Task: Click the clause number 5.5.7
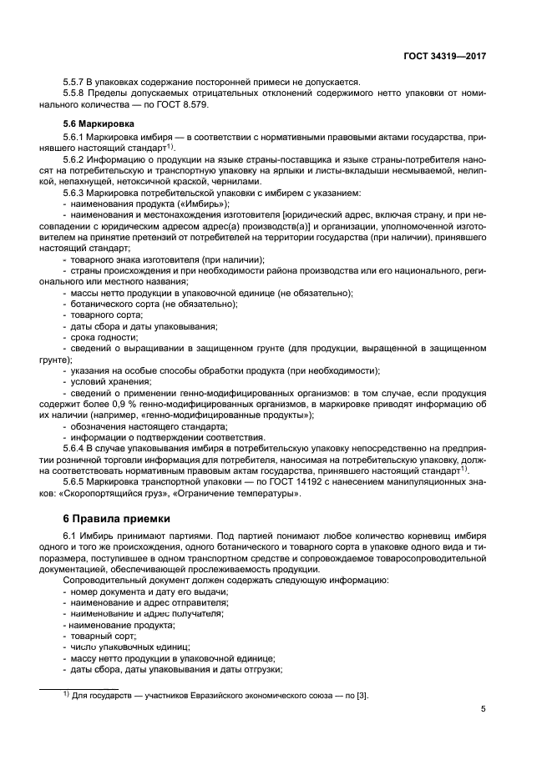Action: [76, 82]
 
